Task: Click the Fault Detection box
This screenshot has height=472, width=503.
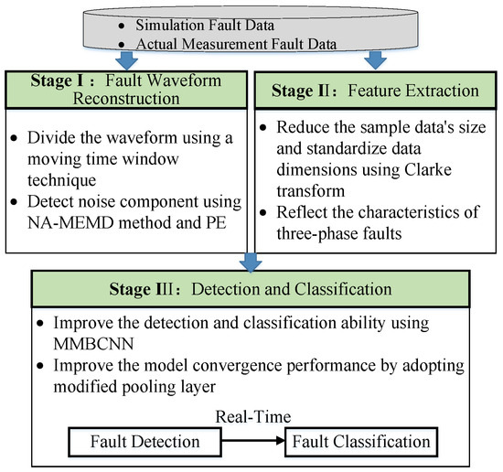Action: pos(144,442)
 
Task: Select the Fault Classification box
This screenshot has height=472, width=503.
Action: pos(361,442)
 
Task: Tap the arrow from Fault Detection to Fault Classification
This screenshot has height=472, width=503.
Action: pos(253,441)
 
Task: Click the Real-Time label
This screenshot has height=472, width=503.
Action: pos(253,417)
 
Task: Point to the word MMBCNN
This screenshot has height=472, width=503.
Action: pos(93,344)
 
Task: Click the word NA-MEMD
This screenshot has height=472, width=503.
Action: pos(70,222)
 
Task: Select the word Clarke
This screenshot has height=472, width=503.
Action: pos(428,170)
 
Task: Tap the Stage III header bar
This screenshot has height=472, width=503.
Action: pos(251,289)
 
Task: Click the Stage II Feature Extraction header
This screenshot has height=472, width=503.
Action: pos(375,91)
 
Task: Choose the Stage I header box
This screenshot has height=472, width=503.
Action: pos(126,90)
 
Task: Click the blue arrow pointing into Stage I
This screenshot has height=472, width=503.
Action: pos(127,59)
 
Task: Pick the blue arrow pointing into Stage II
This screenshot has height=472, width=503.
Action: pos(375,59)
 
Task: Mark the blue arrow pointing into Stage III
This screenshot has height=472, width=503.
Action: pos(251,263)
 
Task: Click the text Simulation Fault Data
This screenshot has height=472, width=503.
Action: pos(205,25)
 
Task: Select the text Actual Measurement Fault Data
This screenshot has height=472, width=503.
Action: pos(236,44)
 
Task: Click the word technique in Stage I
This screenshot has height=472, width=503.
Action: pos(61,180)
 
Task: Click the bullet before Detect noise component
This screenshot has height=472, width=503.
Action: pos(14,202)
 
